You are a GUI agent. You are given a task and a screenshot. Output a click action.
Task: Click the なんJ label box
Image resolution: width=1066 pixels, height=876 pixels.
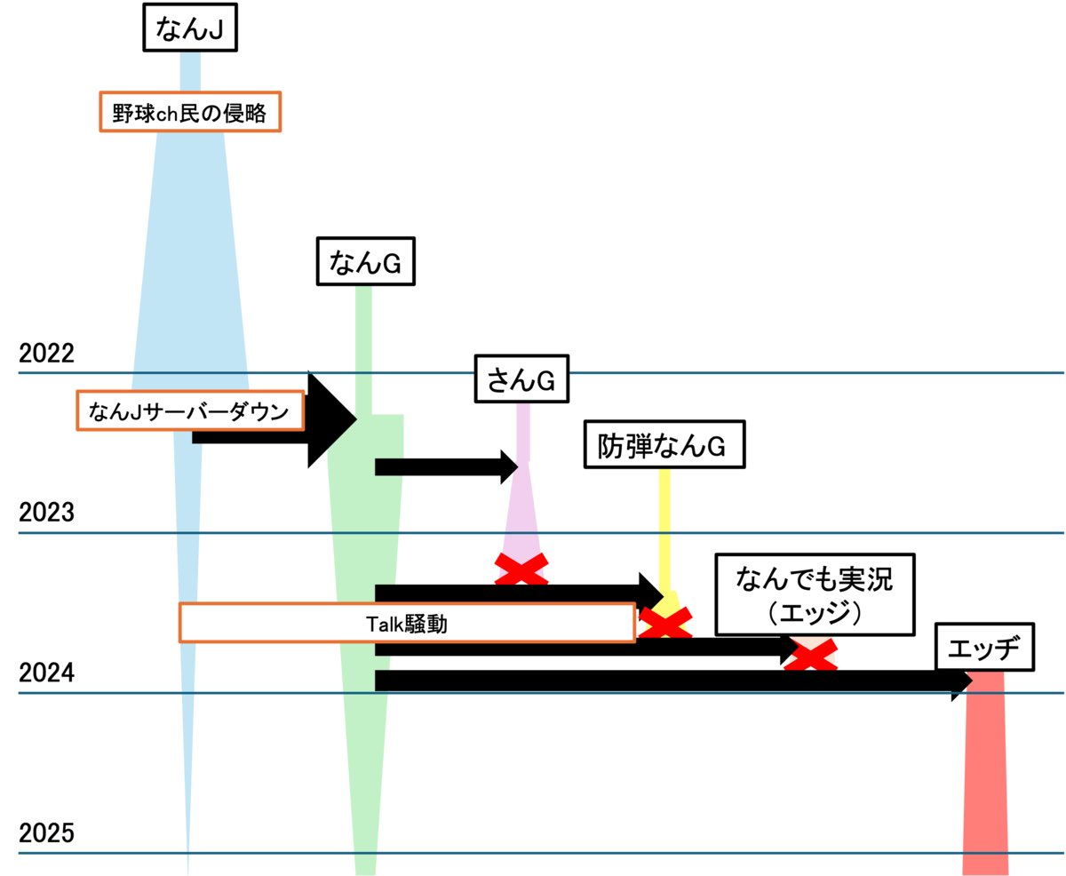pos(190,28)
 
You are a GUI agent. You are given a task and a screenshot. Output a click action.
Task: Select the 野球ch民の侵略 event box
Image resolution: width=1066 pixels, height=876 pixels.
pos(190,112)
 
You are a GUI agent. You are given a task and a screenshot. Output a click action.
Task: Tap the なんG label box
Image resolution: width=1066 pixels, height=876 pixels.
pos(366,261)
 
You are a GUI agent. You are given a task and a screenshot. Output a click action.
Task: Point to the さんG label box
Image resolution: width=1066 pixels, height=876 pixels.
pos(521,378)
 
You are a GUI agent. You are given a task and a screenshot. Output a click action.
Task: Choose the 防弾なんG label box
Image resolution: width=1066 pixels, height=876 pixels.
pos(664,444)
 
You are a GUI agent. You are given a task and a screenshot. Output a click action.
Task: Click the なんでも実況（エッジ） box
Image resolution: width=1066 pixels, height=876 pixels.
pos(815,594)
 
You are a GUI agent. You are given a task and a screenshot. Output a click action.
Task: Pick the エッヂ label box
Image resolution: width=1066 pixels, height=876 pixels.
pos(984,647)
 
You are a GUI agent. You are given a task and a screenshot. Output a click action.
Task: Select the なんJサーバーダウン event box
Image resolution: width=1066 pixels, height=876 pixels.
pos(190,410)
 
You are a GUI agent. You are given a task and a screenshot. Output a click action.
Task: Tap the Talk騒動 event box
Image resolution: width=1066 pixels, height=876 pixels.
pos(408,623)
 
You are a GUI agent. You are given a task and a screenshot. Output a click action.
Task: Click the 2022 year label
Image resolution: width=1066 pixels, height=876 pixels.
pos(46,353)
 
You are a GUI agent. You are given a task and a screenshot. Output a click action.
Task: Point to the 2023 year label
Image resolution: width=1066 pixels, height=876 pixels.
pos(46,512)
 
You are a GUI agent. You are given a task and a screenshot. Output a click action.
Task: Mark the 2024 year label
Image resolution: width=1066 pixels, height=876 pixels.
pos(46,673)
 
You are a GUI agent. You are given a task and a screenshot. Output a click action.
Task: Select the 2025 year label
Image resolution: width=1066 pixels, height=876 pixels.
pos(46,833)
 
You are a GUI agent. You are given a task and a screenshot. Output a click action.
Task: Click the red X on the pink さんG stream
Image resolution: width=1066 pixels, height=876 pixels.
pos(521,569)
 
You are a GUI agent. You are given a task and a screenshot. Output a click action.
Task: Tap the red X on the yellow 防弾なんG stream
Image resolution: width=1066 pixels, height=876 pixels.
pos(665,623)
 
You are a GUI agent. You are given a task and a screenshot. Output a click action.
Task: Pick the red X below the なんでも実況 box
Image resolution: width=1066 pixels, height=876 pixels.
pos(811,655)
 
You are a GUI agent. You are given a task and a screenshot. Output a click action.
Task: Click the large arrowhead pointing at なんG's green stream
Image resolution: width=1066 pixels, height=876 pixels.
pos(332,419)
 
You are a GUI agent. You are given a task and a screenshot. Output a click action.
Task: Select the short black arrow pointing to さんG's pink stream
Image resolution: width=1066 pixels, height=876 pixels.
pos(447,467)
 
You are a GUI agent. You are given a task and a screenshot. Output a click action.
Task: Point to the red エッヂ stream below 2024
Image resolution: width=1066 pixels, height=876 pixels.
pos(985,774)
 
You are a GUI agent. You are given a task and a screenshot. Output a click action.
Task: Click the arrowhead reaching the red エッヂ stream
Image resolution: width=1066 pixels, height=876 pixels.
pos(962,681)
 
